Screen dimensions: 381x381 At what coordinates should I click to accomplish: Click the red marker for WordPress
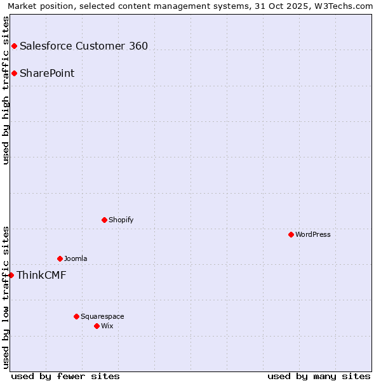pyautogui.click(x=291, y=234)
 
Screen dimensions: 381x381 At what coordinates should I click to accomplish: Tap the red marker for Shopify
pyautogui.click(x=104, y=220)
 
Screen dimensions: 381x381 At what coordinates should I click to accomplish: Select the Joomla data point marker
pyautogui.click(x=60, y=258)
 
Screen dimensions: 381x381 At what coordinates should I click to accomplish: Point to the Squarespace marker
pyautogui.click(x=76, y=316)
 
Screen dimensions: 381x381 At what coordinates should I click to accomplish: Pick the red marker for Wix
pyautogui.click(x=97, y=326)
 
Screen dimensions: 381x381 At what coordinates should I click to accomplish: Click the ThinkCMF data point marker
pyautogui.click(x=11, y=275)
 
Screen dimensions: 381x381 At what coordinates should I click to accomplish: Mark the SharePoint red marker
pyautogui.click(x=14, y=73)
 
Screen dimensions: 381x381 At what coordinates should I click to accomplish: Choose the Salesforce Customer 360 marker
pyautogui.click(x=14, y=46)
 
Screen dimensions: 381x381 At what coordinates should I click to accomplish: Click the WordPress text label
pyautogui.click(x=313, y=234)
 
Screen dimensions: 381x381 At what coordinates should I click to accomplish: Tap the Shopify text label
pyautogui.click(x=121, y=220)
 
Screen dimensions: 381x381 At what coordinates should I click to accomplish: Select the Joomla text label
pyautogui.click(x=76, y=258)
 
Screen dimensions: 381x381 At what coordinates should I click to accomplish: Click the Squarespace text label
pyautogui.click(x=102, y=316)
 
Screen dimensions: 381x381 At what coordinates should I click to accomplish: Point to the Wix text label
pyautogui.click(x=107, y=326)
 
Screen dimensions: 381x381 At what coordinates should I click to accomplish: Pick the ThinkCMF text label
pyautogui.click(x=41, y=275)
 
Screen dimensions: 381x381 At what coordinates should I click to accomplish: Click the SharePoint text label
pyautogui.click(x=47, y=73)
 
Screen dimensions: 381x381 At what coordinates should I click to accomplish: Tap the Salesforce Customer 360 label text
pyautogui.click(x=84, y=46)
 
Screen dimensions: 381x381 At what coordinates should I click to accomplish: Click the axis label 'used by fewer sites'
pyautogui.click(x=65, y=376)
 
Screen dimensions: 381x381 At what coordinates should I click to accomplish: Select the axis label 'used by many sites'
pyautogui.click(x=319, y=376)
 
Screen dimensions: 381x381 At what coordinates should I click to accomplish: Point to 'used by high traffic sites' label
pyautogui.click(x=6, y=90)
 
